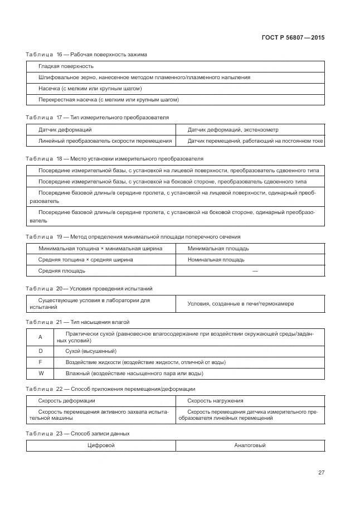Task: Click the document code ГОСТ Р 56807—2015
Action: (293, 37)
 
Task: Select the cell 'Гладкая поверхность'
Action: (66, 66)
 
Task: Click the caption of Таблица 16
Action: (86, 54)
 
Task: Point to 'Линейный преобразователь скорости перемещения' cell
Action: (105, 141)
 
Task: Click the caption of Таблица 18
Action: (115, 159)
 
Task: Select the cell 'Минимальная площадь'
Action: (218, 248)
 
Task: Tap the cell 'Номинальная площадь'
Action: (216, 259)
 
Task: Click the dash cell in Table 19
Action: (255, 270)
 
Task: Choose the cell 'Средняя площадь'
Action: (61, 270)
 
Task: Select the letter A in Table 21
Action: (40, 337)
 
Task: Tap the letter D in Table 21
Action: (40, 351)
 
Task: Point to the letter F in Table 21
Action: (40, 362)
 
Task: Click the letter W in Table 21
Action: (40, 373)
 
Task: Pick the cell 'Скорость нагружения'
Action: (215, 400)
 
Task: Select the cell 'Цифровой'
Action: (101, 445)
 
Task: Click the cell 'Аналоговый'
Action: (250, 445)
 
